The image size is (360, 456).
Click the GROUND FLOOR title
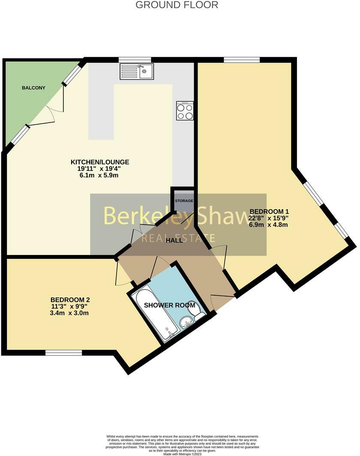point(177,5)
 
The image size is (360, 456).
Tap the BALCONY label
point(33,88)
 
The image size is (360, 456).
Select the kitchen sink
point(137,71)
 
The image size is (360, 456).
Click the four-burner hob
point(185,111)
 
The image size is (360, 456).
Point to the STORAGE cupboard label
point(184,201)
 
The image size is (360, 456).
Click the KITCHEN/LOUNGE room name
point(100,162)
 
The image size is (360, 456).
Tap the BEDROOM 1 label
point(269,211)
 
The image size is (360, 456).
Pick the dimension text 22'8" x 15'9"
point(268,218)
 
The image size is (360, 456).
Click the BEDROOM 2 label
point(70,300)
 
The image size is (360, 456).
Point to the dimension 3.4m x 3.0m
point(69,313)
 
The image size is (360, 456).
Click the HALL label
point(174,240)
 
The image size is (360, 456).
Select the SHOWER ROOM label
point(170,305)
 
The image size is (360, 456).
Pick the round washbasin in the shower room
point(185,322)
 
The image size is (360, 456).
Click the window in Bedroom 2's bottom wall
point(63,353)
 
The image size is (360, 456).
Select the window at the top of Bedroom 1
point(242,60)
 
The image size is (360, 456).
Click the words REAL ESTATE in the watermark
point(178,238)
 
